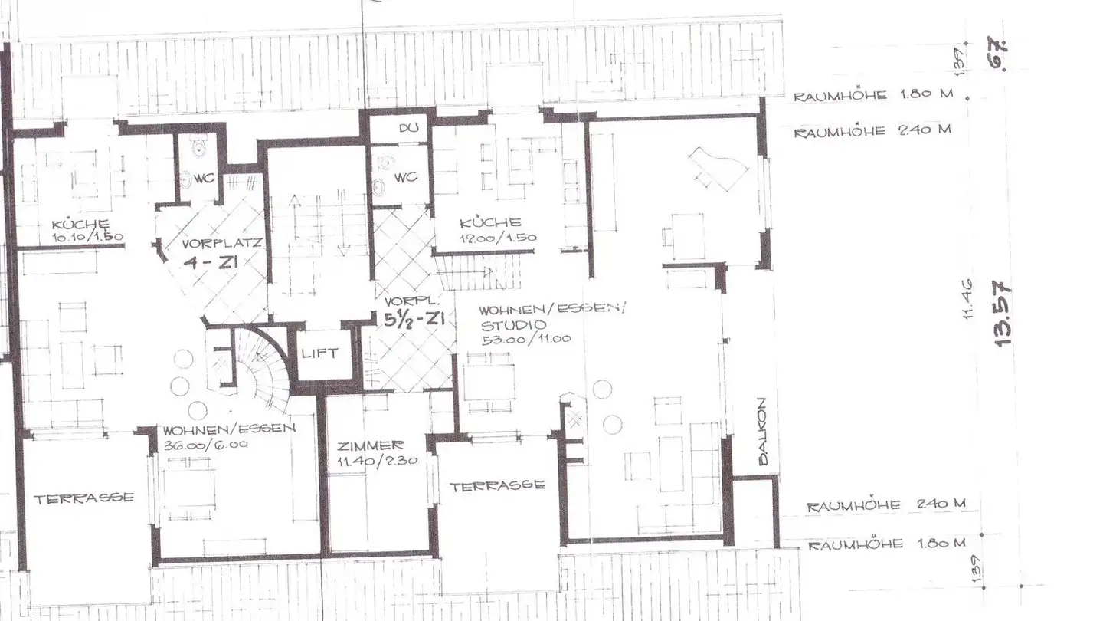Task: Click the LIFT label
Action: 318,353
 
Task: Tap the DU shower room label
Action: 407,129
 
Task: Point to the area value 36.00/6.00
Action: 205,443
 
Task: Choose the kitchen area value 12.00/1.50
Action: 498,238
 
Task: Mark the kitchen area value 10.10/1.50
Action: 88,237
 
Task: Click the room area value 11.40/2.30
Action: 371,462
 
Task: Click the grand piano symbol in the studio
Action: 718,171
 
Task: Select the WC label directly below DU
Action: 406,178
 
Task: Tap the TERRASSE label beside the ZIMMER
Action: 496,485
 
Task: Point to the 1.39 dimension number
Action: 980,567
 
